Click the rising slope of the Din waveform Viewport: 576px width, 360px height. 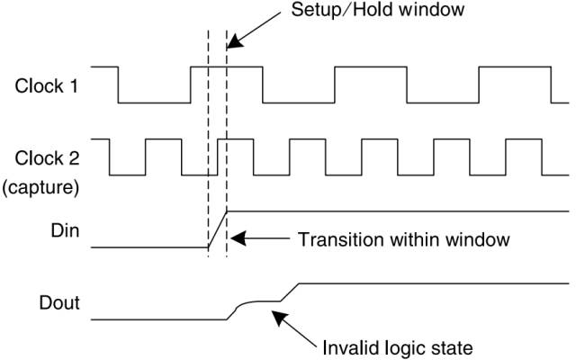point(217,229)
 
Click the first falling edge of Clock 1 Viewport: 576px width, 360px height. point(118,85)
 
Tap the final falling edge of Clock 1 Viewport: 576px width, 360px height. point(550,85)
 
